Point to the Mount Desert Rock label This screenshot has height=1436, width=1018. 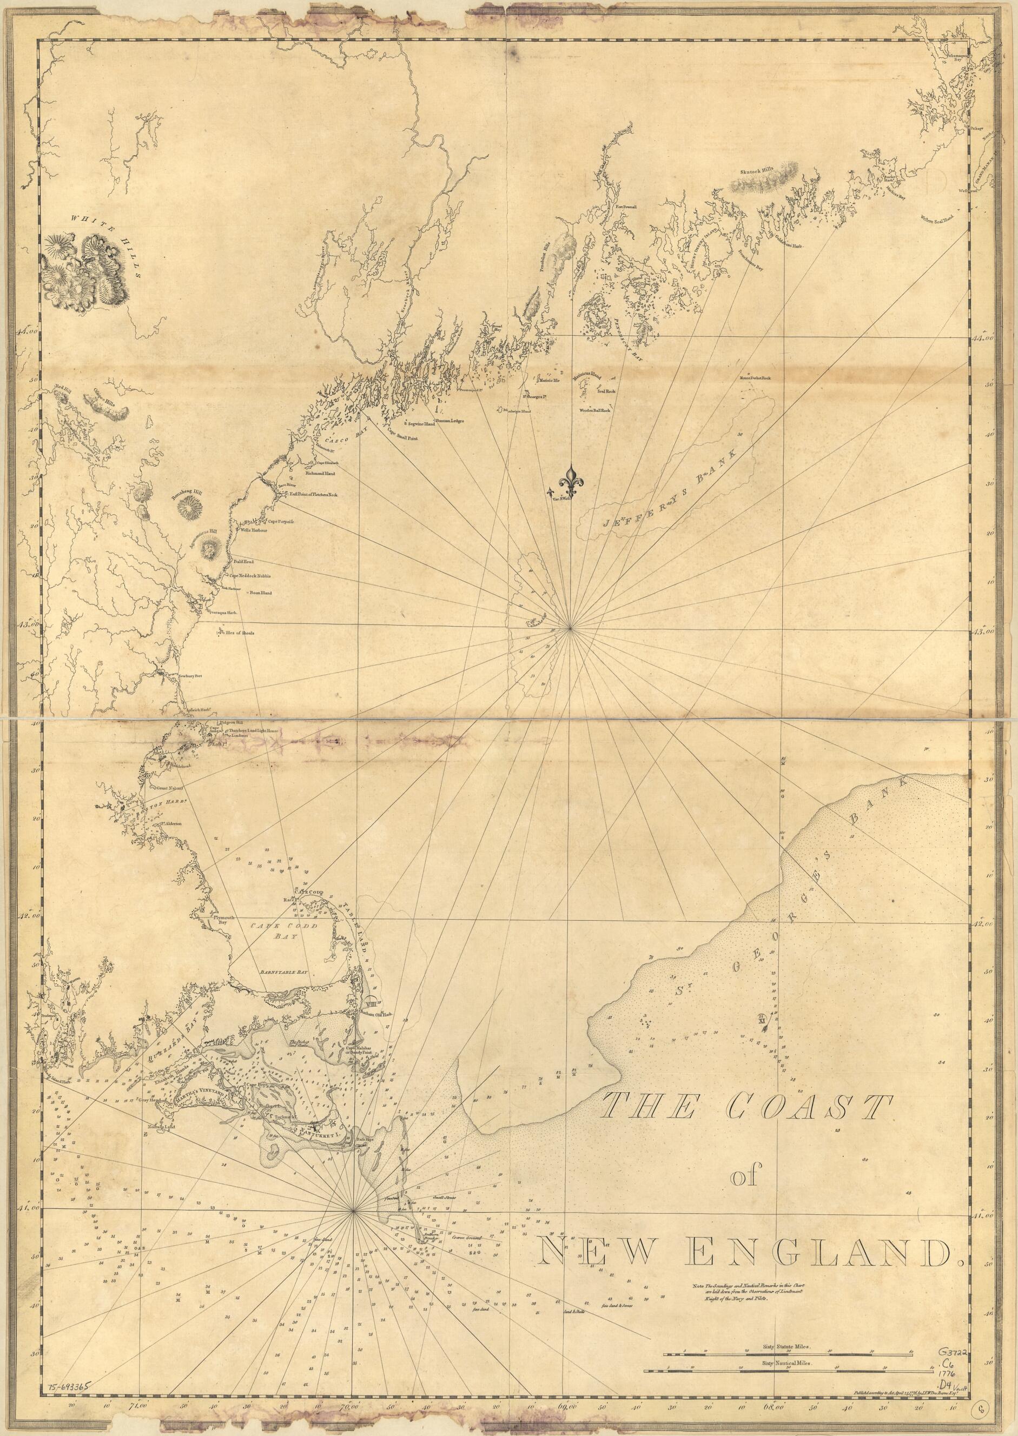(x=755, y=378)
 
